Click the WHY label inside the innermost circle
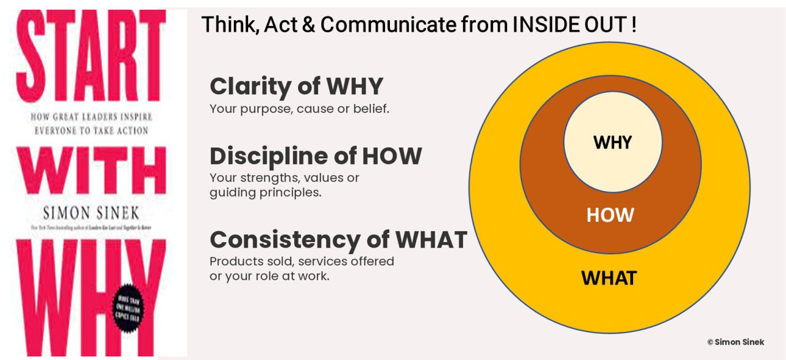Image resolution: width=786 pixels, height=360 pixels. pos(612,143)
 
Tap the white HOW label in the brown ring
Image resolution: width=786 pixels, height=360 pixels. pos(610,215)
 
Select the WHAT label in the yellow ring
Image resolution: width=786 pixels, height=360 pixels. pos(609,278)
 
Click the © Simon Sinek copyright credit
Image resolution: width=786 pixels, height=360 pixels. pos(735,342)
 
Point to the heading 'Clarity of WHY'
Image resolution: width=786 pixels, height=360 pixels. pos(296,87)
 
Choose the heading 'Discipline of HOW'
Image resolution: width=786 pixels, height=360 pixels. pos(316,157)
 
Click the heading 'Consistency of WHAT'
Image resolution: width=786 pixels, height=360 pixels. pos(338,239)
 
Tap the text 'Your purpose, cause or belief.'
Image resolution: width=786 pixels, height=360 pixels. pos(299,109)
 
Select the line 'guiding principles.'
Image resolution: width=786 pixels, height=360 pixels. pos(265,192)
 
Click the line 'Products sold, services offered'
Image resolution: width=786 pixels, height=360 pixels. pos(302,261)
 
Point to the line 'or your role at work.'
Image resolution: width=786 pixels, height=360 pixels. pos(270,276)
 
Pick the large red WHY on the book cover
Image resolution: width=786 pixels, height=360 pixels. pos(80,289)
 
